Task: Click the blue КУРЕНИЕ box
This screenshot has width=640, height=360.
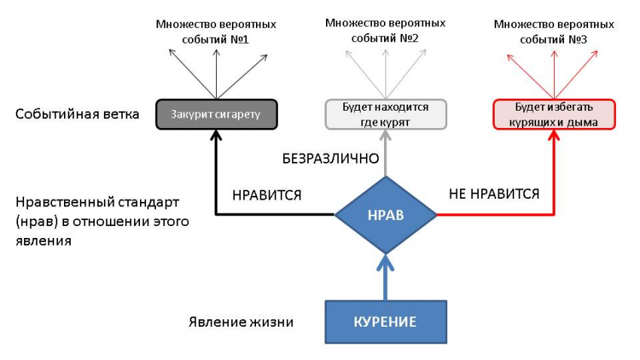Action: tap(385, 322)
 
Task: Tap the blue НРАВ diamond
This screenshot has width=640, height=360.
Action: tap(385, 215)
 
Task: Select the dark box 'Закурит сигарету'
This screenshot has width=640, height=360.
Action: tap(216, 114)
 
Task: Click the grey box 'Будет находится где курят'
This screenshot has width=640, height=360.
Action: tap(386, 114)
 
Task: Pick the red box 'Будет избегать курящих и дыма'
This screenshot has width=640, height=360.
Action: tap(554, 114)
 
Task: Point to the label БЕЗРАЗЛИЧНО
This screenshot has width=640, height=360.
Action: tap(330, 159)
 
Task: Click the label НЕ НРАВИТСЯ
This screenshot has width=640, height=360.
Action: tap(494, 194)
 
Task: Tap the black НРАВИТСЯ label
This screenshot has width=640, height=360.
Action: tap(267, 195)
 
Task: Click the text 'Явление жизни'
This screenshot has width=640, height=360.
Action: tap(240, 322)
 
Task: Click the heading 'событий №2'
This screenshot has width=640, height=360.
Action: tap(386, 38)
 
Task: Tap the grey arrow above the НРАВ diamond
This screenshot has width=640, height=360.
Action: tap(385, 154)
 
